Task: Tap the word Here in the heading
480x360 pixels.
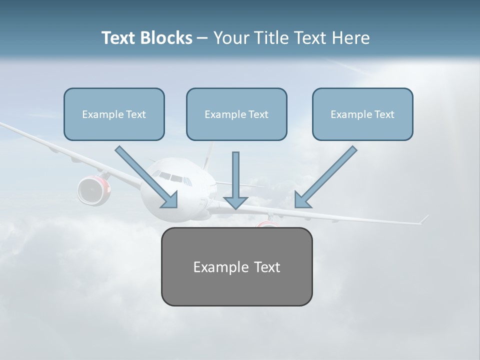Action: tap(352, 38)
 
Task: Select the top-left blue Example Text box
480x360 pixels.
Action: tap(114, 114)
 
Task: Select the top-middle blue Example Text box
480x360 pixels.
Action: tap(236, 114)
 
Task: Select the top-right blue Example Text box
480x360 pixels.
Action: tap(362, 114)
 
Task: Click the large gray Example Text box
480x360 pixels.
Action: tap(236, 266)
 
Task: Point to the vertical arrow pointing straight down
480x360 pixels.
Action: tap(235, 177)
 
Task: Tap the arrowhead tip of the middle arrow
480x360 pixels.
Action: tap(235, 207)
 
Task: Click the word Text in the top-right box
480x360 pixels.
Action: tap(384, 114)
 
